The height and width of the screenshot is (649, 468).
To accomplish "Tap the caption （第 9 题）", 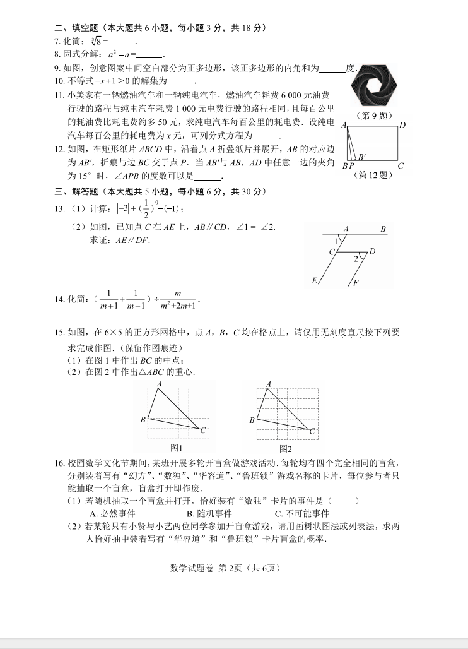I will pyautogui.click(x=375, y=116).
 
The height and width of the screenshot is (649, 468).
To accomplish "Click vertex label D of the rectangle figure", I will pyautogui.click(x=402, y=125).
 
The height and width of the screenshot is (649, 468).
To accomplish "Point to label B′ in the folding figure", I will pyautogui.click(x=362, y=157).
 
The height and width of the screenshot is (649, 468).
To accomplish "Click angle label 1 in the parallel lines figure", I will pyautogui.click(x=336, y=240).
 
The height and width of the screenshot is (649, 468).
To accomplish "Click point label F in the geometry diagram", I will pyautogui.click(x=356, y=283).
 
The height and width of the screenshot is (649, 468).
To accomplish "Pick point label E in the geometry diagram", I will pyautogui.click(x=314, y=280).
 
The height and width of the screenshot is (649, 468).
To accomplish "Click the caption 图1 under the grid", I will pyautogui.click(x=177, y=448).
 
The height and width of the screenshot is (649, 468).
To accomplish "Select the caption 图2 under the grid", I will pyautogui.click(x=286, y=448).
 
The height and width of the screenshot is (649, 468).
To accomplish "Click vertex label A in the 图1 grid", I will pyautogui.click(x=159, y=384).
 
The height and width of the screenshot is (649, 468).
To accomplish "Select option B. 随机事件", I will pyautogui.click(x=209, y=513).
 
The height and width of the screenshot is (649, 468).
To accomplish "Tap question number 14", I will pyautogui.click(x=60, y=299).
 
